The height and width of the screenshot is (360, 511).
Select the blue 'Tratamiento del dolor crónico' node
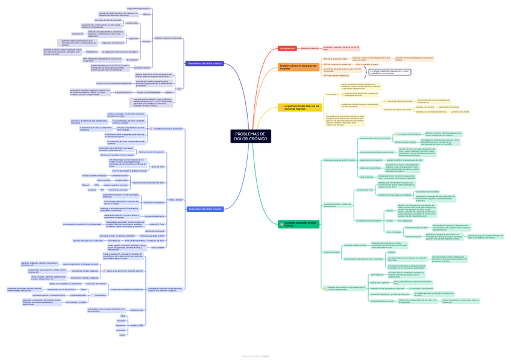(x=205, y=63)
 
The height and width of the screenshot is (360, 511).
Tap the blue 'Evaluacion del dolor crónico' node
(x=205, y=209)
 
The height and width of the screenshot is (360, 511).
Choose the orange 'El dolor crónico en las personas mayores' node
(x=298, y=67)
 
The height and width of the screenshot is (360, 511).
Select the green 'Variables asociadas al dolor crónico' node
(x=298, y=225)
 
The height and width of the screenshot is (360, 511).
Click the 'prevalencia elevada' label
(x=310, y=48)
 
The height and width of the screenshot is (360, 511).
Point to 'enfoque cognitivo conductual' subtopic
(x=168, y=37)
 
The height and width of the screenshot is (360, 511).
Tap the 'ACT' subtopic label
(x=179, y=88)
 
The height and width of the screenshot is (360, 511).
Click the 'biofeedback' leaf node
(x=92, y=52)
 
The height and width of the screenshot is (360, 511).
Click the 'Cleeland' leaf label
(x=92, y=190)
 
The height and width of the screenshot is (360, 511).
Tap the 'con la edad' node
(x=331, y=94)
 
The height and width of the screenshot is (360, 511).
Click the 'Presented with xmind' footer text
(x=255, y=356)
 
